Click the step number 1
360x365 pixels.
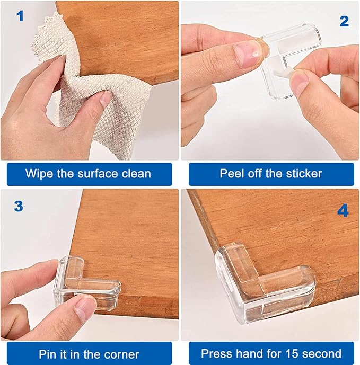[x=21, y=16]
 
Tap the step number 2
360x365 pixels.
[x=344, y=21]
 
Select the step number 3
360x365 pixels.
[x=19, y=206]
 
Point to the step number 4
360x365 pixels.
[x=343, y=211]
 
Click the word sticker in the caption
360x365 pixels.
[x=303, y=173]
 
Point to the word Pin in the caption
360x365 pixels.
[x=48, y=354]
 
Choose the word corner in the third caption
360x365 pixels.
[x=122, y=354]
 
